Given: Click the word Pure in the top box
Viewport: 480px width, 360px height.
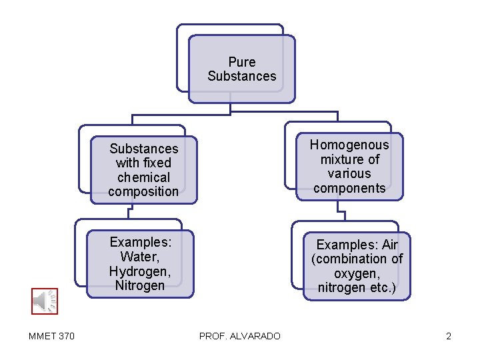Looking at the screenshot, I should (241, 62).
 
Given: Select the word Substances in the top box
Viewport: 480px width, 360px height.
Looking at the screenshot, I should (241, 76).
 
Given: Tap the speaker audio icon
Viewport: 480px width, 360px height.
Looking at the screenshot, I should (45, 301).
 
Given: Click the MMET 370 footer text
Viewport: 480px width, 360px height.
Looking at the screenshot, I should (52, 336).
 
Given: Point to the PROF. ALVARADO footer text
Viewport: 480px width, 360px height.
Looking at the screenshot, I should (240, 336).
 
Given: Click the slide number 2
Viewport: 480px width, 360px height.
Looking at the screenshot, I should (449, 336).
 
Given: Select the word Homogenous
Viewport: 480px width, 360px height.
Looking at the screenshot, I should (349, 145).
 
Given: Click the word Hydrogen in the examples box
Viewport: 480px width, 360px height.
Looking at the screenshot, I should (139, 271).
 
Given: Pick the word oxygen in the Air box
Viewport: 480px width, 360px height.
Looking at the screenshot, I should (357, 274).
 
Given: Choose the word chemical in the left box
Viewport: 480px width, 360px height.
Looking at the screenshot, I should (143, 177).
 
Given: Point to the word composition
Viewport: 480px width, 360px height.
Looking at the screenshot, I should (143, 192).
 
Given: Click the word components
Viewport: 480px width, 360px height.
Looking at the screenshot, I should (349, 188).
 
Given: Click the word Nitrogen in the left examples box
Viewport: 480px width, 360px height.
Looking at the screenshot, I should (139, 286).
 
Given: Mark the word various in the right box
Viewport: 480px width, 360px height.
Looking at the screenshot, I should (349, 173).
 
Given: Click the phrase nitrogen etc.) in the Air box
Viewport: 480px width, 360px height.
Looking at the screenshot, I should (357, 289).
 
